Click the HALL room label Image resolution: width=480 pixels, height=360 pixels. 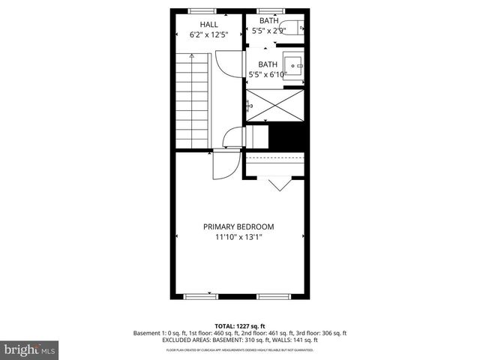click(198, 24)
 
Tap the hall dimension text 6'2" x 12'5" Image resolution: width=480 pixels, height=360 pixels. click(198, 34)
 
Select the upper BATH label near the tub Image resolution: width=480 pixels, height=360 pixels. click(268, 20)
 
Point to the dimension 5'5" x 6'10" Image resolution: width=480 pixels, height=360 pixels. click(268, 74)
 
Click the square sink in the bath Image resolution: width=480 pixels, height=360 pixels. click(292, 63)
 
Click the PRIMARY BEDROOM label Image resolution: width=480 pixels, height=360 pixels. click(238, 226)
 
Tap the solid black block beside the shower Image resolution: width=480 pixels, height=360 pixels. click(289, 136)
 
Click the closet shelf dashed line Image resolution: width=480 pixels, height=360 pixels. click(276, 161)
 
